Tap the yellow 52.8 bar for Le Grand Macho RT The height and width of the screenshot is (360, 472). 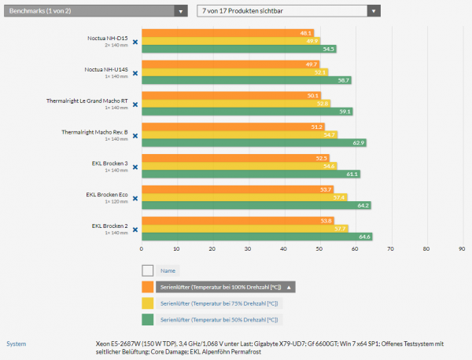point(236,103)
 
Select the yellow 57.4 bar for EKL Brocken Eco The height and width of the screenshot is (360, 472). point(244,197)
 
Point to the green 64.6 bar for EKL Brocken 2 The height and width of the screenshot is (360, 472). point(256,236)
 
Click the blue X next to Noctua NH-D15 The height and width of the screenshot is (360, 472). point(135,42)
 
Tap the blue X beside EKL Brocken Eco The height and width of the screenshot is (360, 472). point(135,197)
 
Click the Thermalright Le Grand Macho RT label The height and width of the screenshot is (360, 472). point(98,101)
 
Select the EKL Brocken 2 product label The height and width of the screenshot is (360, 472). point(109,226)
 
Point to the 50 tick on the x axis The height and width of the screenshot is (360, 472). point(319,249)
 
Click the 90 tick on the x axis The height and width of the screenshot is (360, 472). point(462,249)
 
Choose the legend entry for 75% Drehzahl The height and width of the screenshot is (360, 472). point(219,303)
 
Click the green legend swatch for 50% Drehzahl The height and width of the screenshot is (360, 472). point(147,320)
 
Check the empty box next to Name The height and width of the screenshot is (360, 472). point(147,270)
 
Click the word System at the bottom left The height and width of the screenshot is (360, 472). point(16,343)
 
